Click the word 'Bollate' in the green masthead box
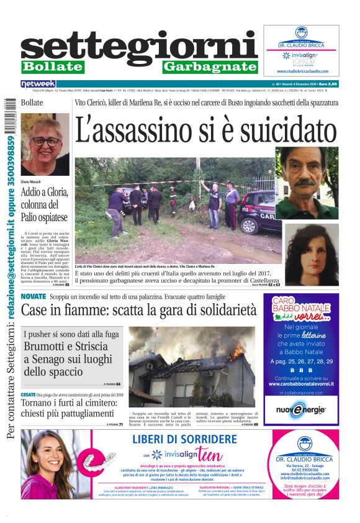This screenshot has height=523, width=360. (x=52, y=66)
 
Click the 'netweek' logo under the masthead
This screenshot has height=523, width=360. (x=38, y=83)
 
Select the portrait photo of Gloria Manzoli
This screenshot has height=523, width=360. (x=45, y=144)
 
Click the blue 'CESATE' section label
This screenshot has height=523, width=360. (x=29, y=395)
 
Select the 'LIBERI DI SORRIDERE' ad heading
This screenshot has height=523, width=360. (x=184, y=439)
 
